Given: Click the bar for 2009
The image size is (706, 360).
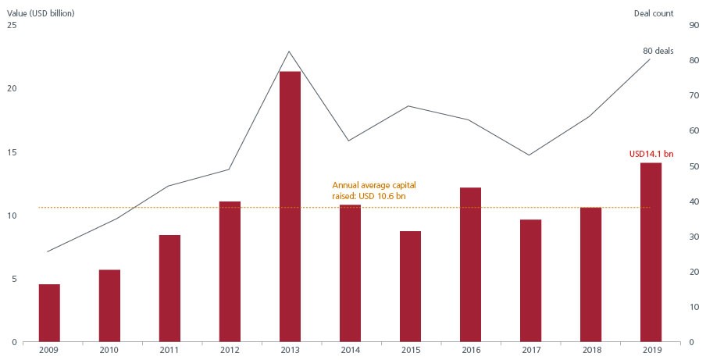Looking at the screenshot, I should (49, 312).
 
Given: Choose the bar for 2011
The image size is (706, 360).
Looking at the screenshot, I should (169, 288).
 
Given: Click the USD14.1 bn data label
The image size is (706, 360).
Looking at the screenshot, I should (651, 154).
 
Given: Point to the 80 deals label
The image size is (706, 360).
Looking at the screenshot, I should (658, 51).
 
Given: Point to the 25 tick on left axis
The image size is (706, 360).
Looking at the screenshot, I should (11, 25).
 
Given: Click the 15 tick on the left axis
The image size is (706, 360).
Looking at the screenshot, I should (11, 151).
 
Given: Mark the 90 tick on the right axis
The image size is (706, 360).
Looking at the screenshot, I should (694, 25).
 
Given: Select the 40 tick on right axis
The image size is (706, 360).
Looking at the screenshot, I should (694, 201).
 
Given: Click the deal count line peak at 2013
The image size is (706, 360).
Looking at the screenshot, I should (290, 52).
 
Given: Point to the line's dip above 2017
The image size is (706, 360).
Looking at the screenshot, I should (530, 155).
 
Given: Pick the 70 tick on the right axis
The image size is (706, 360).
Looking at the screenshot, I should (694, 95).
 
